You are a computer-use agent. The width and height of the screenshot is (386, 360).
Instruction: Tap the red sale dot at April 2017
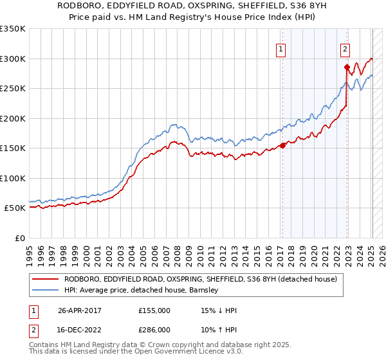[x=282, y=145]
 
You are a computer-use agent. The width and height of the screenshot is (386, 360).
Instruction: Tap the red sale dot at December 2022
[x=347, y=67]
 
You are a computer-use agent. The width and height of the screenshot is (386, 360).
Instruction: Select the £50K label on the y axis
[x=15, y=208]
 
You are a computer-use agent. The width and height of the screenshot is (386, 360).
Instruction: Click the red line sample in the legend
[x=46, y=279]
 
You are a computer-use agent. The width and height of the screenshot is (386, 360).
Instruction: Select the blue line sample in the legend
[x=46, y=290]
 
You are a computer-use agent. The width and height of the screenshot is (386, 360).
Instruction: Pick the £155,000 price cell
[x=154, y=310]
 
